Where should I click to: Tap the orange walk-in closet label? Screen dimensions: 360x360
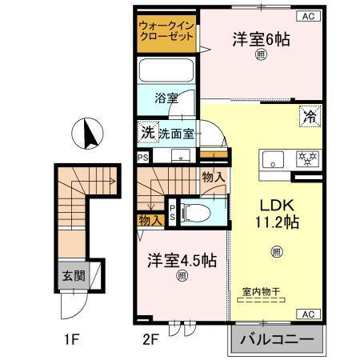166,33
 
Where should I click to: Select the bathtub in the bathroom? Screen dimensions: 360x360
166,70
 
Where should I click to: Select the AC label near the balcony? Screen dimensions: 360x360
308,313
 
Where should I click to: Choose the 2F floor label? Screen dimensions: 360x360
149,338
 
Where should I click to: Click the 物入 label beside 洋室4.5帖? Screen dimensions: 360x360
151,219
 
